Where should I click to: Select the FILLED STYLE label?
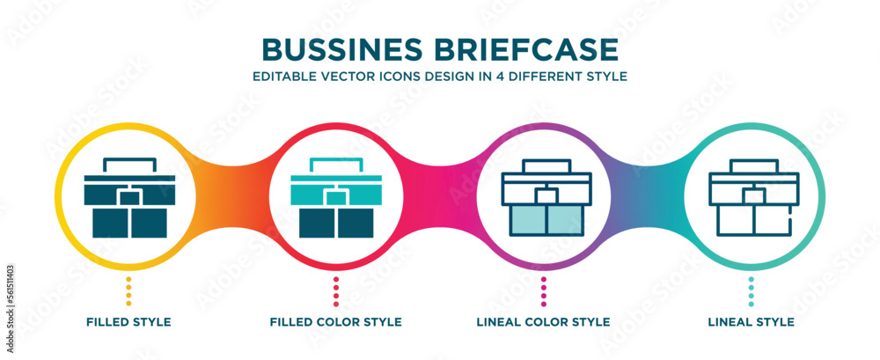(x=128, y=322)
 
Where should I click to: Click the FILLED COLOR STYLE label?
(x=336, y=322)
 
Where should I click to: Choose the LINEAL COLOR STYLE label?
(x=544, y=322)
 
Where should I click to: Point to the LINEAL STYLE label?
(x=751, y=322)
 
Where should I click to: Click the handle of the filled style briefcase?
(x=128, y=162)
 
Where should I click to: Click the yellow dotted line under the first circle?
(x=128, y=290)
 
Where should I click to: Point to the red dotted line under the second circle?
(x=336, y=290)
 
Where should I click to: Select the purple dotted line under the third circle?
(x=544, y=290)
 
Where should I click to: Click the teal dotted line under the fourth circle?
(x=751, y=290)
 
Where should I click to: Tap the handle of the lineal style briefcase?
(x=752, y=165)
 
